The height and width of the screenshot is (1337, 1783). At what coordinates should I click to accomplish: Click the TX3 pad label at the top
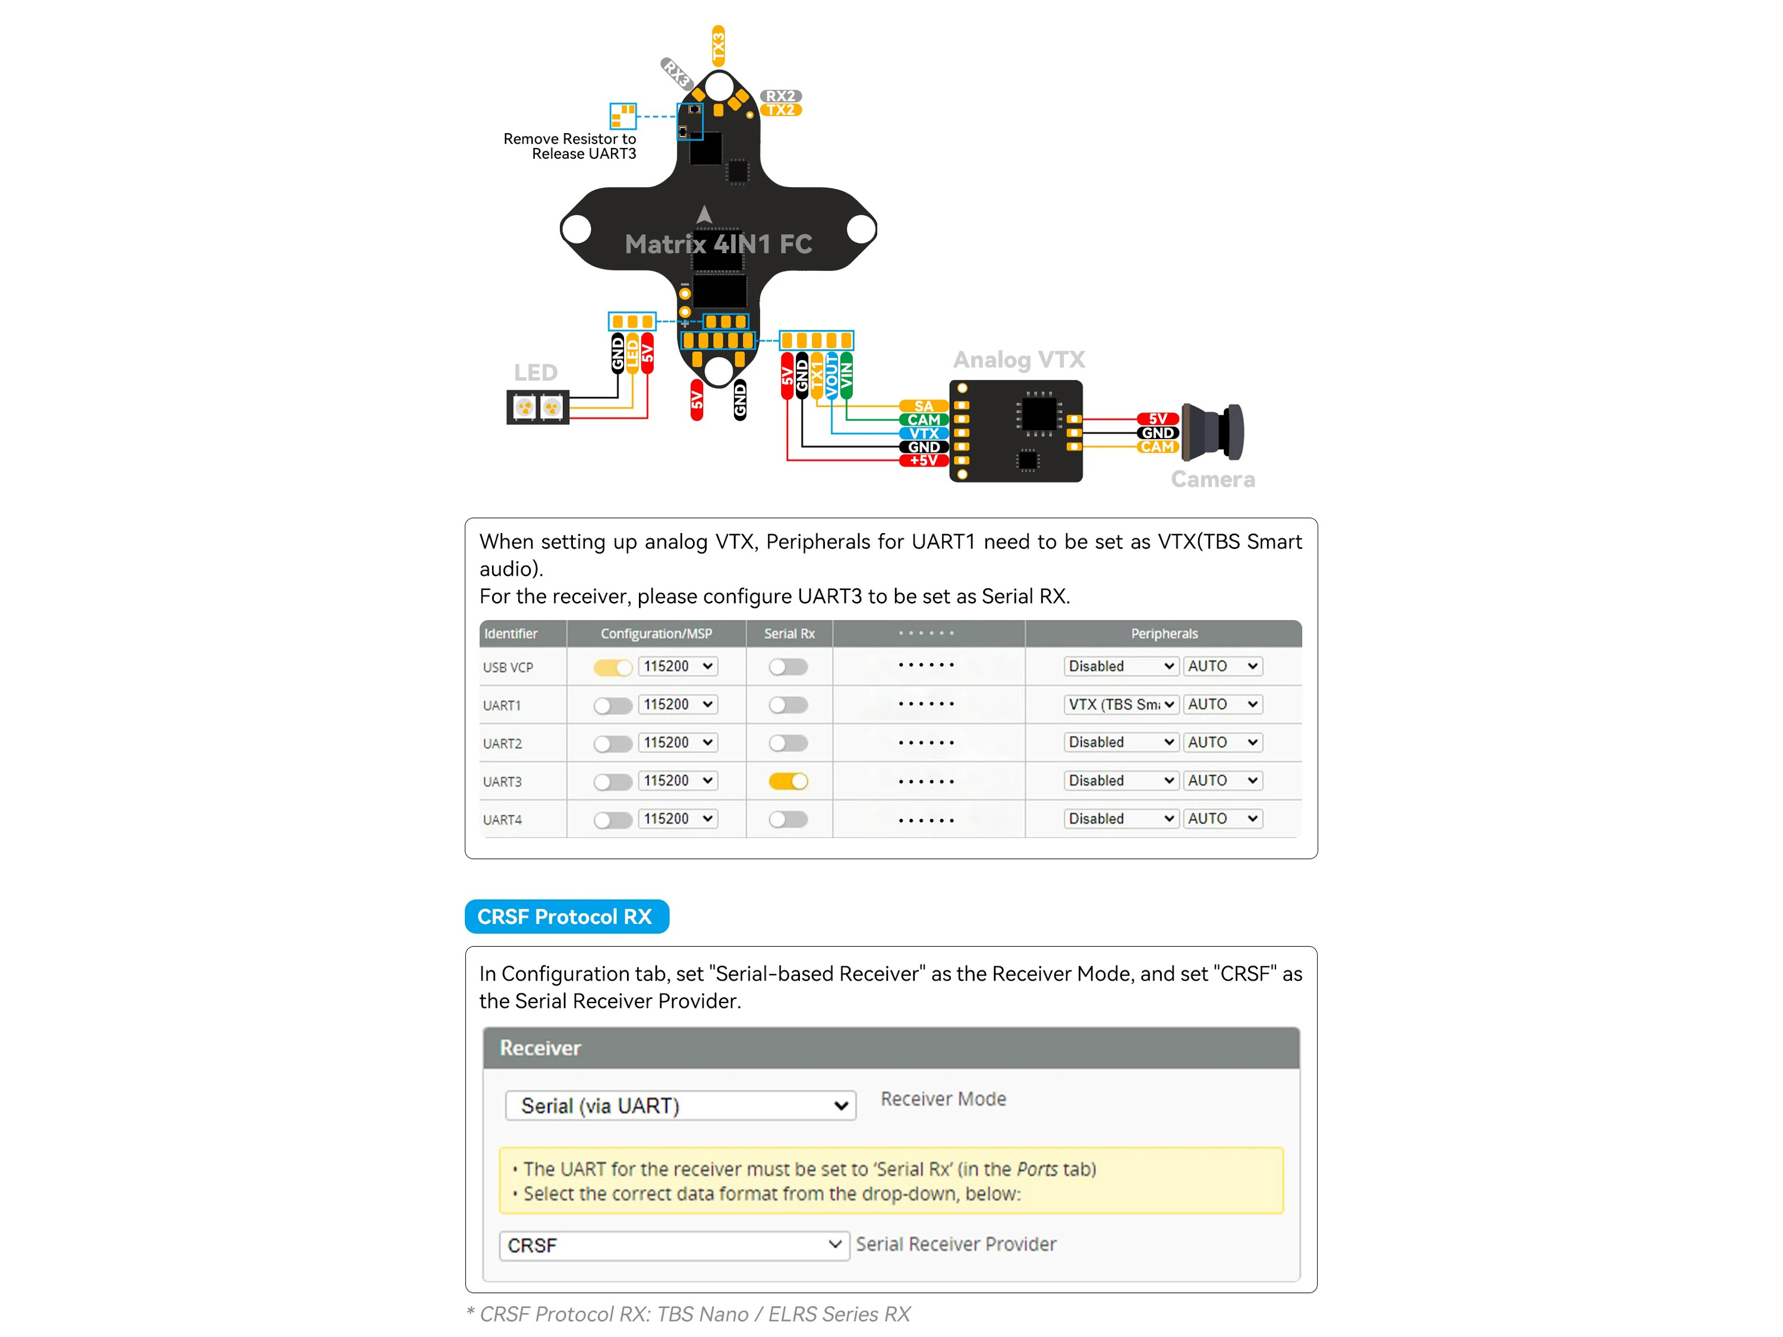coord(718,45)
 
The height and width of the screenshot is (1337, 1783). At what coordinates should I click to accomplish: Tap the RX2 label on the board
coord(780,96)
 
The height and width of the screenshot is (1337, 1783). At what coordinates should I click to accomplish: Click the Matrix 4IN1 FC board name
coord(718,244)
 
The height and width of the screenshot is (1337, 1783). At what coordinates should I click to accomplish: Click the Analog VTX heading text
coord(1019,360)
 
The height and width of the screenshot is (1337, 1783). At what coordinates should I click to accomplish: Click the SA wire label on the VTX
coord(923,406)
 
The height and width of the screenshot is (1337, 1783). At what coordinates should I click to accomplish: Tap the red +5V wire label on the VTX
coord(923,460)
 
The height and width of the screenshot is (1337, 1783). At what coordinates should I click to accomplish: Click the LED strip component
coord(538,407)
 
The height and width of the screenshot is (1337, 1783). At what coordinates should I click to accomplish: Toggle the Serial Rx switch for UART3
coord(787,781)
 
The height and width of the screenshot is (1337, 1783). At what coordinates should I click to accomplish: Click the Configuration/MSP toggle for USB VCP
coord(613,667)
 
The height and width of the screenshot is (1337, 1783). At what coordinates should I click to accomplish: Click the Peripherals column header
coord(1164,633)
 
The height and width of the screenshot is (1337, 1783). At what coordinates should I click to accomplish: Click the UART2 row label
coord(502,743)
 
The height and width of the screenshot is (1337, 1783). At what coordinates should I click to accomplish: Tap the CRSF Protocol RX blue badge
coord(566,916)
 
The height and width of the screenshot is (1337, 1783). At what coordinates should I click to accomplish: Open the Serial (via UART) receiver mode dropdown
coord(681,1105)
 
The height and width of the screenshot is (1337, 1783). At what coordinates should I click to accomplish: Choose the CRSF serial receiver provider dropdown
coord(674,1245)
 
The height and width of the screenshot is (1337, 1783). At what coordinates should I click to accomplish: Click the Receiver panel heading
coord(540,1048)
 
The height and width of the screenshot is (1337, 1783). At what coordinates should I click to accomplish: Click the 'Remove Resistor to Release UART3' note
coord(570,146)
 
